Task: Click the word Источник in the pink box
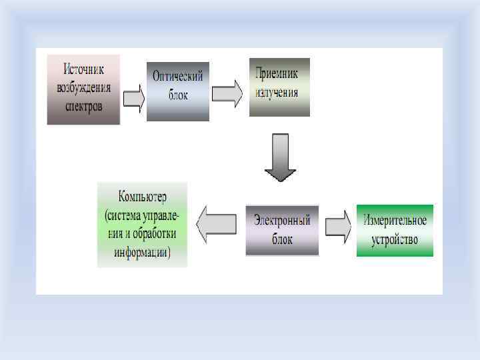pyautogui.click(x=83, y=69)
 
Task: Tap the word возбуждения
pyautogui.click(x=83, y=87)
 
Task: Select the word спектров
pyautogui.click(x=83, y=106)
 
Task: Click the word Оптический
pyautogui.click(x=178, y=77)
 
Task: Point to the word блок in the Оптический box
pyautogui.click(x=178, y=95)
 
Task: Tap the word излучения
pyautogui.click(x=279, y=92)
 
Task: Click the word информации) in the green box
pyautogui.click(x=142, y=253)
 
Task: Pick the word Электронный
pyautogui.click(x=283, y=221)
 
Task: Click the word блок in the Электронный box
pyautogui.click(x=283, y=239)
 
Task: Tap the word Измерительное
pyautogui.click(x=395, y=220)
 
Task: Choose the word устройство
pyautogui.click(x=395, y=239)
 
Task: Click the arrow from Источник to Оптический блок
pyautogui.click(x=133, y=98)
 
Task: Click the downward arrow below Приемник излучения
pyautogui.click(x=280, y=157)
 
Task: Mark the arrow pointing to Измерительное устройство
pyautogui.click(x=338, y=227)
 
